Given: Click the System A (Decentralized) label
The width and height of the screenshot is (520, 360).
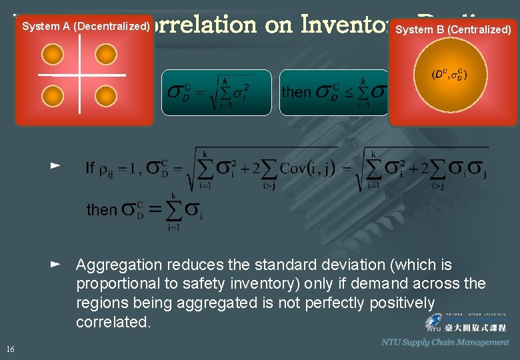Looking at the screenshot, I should (x=85, y=27).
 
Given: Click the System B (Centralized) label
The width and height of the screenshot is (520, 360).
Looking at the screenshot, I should (x=453, y=29).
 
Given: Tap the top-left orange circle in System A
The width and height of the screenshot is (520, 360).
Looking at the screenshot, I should (x=53, y=53).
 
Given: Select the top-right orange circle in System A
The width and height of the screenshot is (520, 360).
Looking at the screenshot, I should (x=105, y=53).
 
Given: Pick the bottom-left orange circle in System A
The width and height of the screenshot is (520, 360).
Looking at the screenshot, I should (x=53, y=97).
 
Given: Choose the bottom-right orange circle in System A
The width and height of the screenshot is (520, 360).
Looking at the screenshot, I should (x=105, y=97).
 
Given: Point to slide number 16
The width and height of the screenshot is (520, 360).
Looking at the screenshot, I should (x=10, y=349).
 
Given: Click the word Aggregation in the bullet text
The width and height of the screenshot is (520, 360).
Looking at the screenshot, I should (x=119, y=265).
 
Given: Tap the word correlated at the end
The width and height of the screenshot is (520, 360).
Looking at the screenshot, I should (x=112, y=322).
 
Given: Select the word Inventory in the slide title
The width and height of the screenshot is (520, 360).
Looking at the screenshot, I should (x=340, y=25).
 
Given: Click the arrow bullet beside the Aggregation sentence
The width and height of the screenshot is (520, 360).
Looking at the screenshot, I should (x=56, y=265).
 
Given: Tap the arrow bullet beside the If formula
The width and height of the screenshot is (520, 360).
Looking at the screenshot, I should (x=56, y=164).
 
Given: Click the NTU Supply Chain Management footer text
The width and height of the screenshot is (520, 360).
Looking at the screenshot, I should (x=445, y=342).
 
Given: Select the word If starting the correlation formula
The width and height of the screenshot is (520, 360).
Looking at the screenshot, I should (x=90, y=167).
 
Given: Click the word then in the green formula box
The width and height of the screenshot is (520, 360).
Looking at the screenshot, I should (x=297, y=91).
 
